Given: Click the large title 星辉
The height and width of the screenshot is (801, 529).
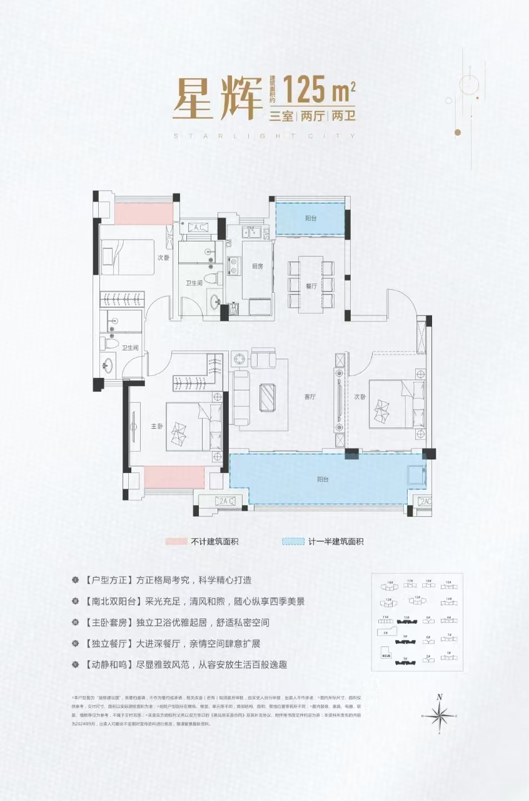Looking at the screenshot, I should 216,98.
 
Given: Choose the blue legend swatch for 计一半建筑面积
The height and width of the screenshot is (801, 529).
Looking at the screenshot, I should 294,542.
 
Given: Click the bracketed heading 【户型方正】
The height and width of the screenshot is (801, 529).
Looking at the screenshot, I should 108,580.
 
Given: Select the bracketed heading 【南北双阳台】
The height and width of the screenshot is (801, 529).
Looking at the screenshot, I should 113,601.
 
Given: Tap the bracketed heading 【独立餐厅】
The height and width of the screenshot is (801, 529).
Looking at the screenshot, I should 108,643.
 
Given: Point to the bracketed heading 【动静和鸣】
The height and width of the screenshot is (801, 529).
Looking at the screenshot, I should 108,664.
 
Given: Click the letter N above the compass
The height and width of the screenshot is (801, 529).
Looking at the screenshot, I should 440,697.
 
